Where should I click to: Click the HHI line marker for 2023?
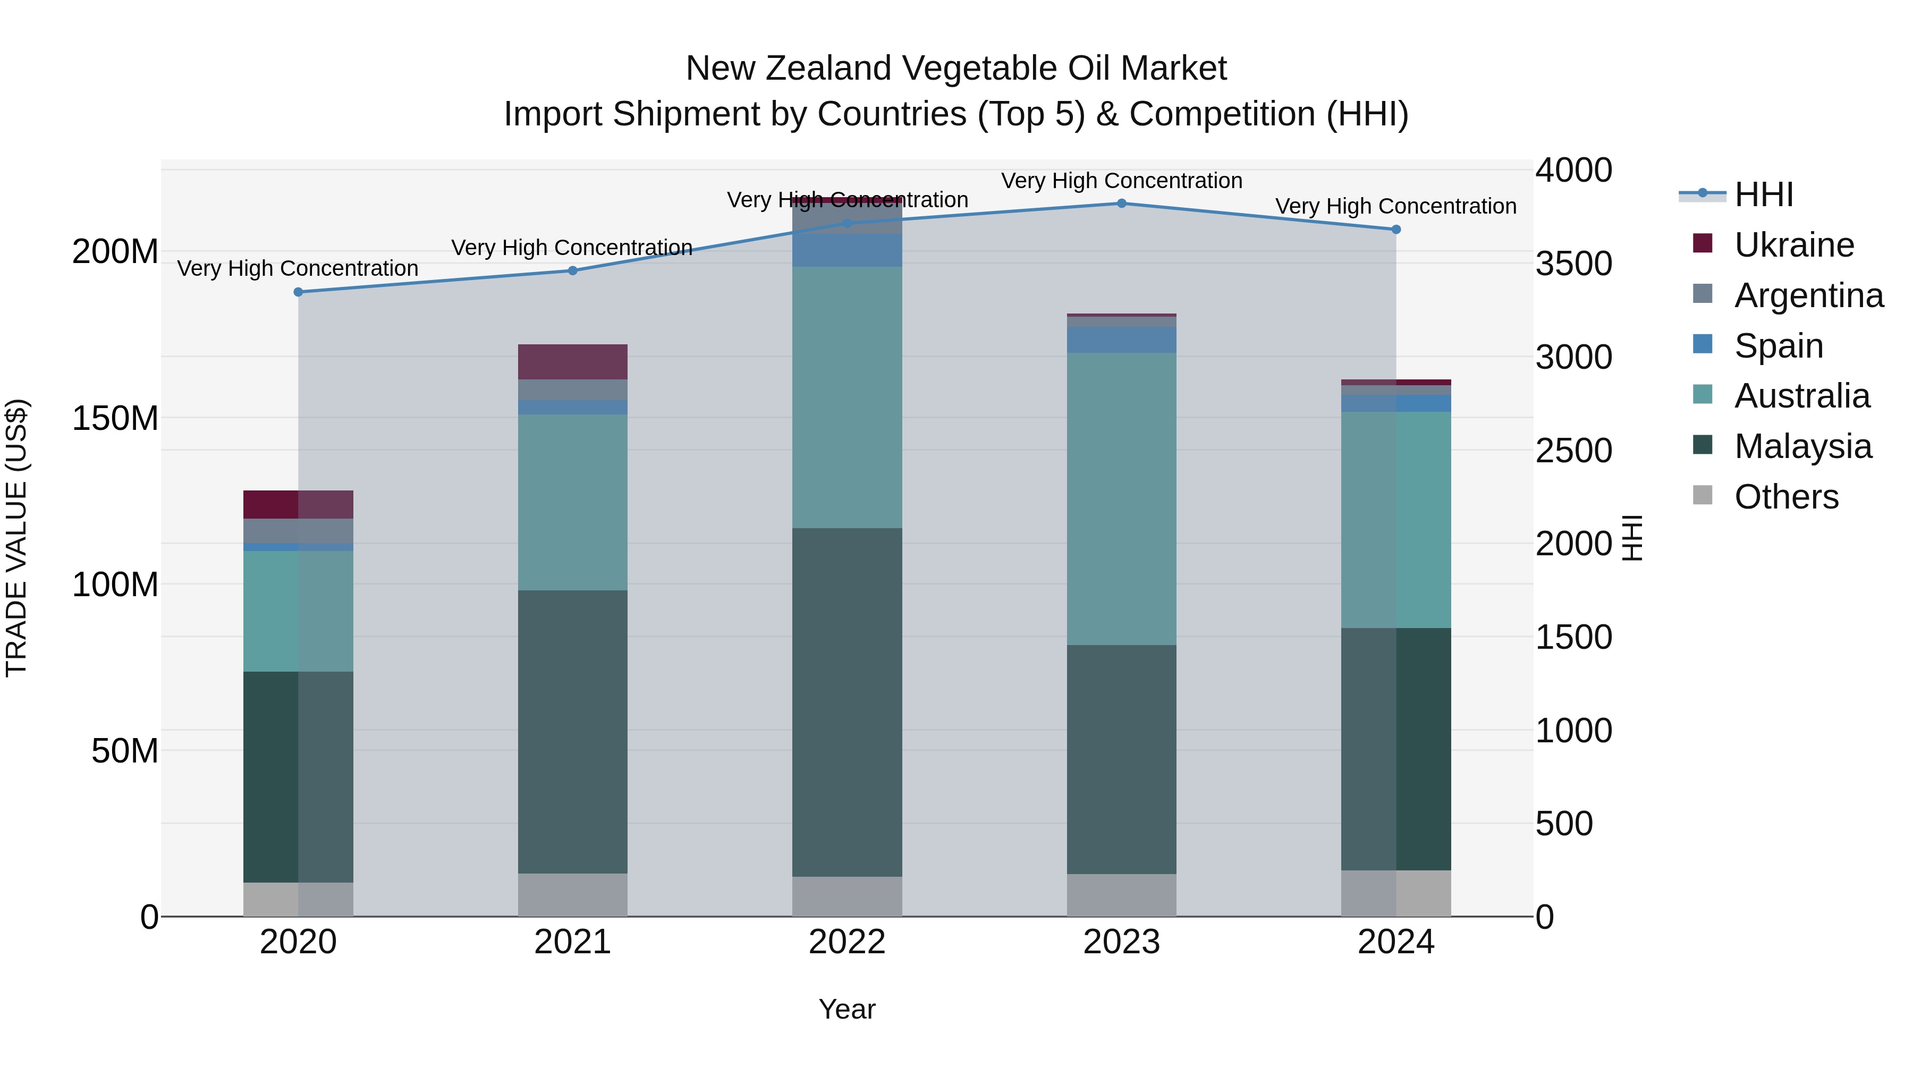pos(1121,204)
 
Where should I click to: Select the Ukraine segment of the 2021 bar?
pos(572,362)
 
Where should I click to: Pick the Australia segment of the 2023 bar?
pos(1121,498)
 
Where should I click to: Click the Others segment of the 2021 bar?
pos(572,894)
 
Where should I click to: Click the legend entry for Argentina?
pos(1808,295)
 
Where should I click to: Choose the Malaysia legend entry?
pos(1802,446)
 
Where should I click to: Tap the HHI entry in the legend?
pos(1763,194)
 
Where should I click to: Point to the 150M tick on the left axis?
pos(115,418)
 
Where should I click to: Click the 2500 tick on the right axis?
pos(1573,451)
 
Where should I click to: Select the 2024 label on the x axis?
pos(1395,942)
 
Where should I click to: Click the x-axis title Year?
pos(847,1009)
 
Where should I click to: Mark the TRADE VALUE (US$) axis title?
pos(16,538)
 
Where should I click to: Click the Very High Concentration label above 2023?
pos(1121,181)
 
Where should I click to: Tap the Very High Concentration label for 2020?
pos(298,268)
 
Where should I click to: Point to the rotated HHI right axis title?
pos(1631,538)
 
